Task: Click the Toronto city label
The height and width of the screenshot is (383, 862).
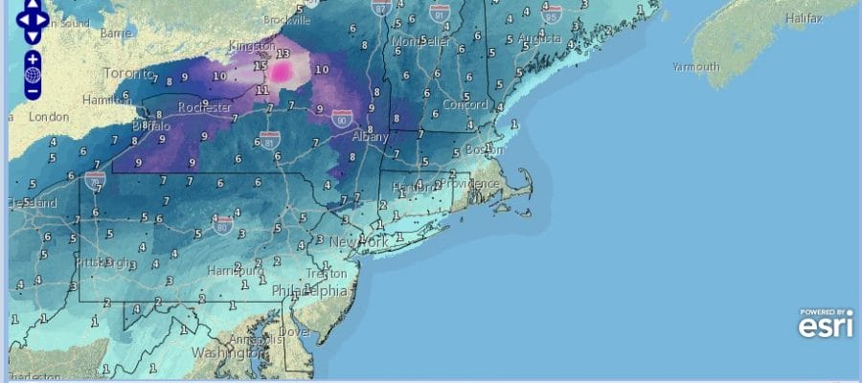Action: coord(126,73)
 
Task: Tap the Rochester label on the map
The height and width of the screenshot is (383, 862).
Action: coord(205,107)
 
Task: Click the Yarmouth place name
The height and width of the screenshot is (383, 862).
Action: coord(695,67)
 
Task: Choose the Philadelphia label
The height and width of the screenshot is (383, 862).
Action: coord(309,290)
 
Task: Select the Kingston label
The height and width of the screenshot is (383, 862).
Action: coord(253,46)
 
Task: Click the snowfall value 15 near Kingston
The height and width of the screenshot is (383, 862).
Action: coord(260,66)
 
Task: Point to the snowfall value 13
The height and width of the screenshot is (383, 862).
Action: coord(283,53)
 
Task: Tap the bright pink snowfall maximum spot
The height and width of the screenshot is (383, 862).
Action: coord(282,71)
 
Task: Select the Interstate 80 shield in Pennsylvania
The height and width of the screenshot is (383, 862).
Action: coord(223,229)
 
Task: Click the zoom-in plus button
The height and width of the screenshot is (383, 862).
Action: coord(33,58)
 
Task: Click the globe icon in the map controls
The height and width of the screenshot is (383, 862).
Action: coord(33,75)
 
